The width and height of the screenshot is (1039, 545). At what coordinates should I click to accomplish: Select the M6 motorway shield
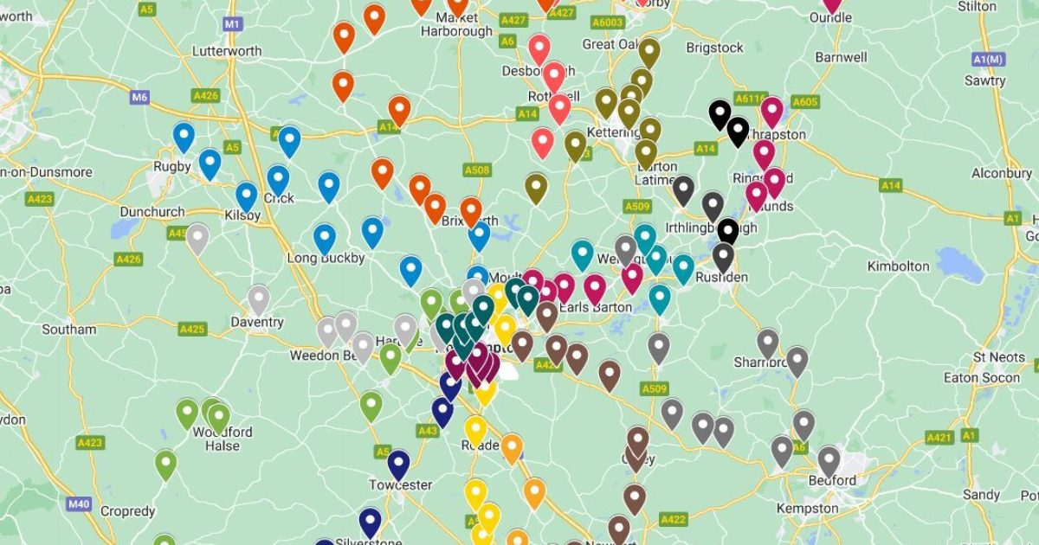coord(140,97)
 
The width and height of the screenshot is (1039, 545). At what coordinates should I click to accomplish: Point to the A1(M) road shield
coord(988,59)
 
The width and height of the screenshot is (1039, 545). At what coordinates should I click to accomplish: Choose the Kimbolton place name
coord(898,266)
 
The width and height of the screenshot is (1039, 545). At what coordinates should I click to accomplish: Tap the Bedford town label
coord(833,481)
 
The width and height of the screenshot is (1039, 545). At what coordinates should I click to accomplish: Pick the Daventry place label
coord(257,323)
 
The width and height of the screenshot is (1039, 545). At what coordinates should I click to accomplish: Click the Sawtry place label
coord(985,81)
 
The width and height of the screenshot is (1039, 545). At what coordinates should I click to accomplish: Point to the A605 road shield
coord(805,102)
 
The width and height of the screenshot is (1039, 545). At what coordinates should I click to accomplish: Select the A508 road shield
coord(475,170)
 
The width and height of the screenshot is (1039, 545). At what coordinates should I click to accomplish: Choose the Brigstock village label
coord(714,48)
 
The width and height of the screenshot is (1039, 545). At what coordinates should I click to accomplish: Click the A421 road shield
coord(939,438)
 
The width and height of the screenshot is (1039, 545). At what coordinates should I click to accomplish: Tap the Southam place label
coord(68,330)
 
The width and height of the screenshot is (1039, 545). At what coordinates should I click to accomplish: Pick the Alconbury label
coord(1002,173)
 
